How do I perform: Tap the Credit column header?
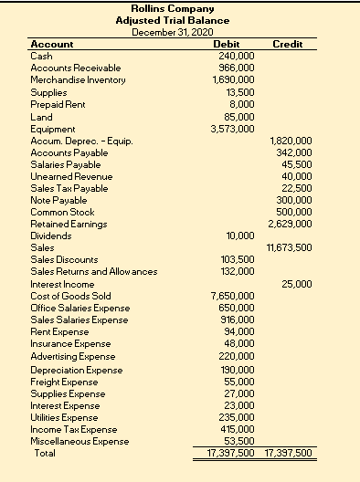coord(288,45)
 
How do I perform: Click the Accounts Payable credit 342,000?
coord(294,152)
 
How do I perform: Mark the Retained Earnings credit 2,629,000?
coord(291,224)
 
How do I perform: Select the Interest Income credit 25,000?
coord(297,284)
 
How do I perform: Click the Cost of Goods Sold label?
coord(70,296)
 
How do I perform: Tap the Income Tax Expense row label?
coord(73,429)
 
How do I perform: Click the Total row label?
coord(44,453)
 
